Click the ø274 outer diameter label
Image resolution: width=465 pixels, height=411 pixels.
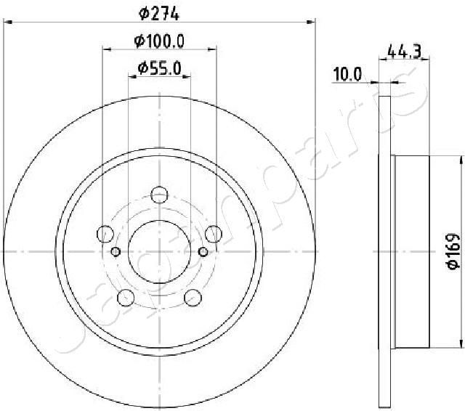coord(159,12)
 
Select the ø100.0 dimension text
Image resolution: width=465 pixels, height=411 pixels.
coord(159,41)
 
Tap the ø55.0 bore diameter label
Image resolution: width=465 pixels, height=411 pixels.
coord(159,69)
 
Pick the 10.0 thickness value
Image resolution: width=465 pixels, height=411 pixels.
coord(347,73)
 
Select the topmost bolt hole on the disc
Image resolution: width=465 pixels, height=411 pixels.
coord(159,194)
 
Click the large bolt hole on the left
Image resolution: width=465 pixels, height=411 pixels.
coord(105,234)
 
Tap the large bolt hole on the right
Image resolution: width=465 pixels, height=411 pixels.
coord(214,234)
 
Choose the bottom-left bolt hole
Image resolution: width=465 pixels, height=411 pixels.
coord(126,297)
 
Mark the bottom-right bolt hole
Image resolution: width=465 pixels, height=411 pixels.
coord(193,297)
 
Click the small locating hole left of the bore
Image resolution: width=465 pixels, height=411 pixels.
coord(116,252)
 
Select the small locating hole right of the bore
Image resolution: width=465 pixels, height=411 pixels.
coord(203,252)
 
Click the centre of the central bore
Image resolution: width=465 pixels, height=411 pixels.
coord(159,251)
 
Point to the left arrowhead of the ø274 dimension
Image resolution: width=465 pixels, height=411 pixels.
coord(9,22)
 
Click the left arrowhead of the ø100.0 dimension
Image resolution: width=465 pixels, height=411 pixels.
coord(106,49)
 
